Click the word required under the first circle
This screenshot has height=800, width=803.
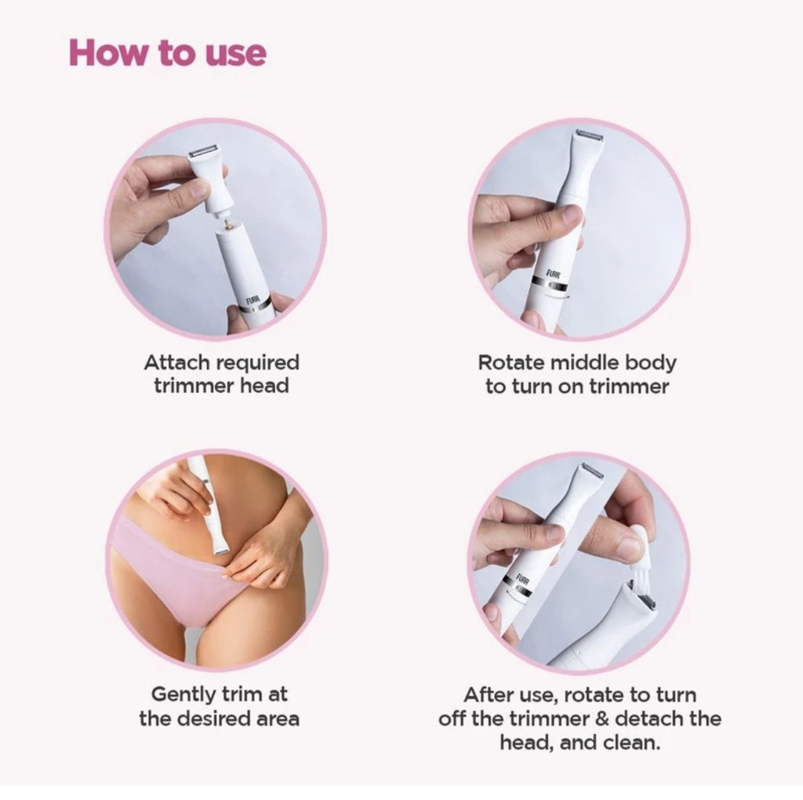[x=258, y=364]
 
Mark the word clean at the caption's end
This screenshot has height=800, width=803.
[x=634, y=742]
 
